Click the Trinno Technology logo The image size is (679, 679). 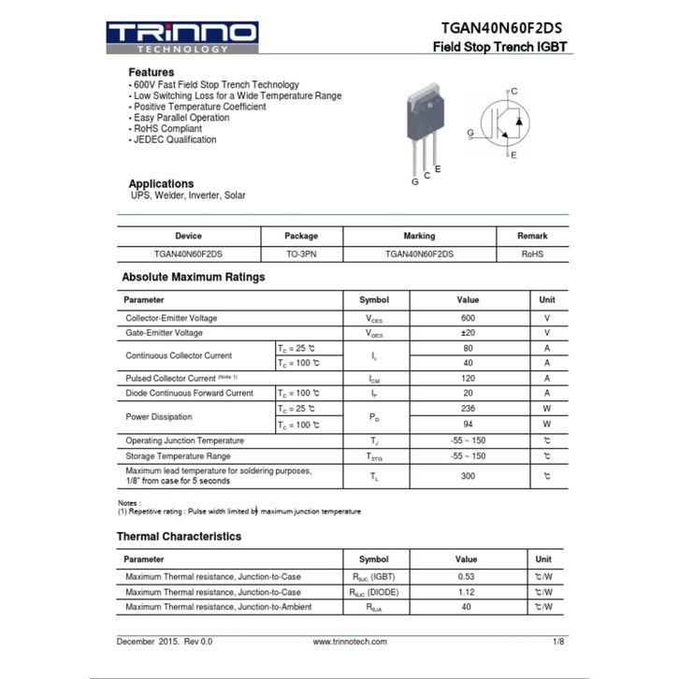181,37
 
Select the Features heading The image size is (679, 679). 151,72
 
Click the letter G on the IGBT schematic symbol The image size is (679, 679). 470,133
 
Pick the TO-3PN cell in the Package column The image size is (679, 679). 301,253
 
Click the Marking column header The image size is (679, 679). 419,236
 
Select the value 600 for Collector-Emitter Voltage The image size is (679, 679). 468,318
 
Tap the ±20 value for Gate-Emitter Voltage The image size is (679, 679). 468,333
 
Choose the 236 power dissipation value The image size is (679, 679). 468,409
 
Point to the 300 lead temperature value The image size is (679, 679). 468,476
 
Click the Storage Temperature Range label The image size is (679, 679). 178,455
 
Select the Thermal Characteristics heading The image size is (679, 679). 179,537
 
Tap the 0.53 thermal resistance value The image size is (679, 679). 467,576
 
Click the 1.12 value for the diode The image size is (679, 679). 467,592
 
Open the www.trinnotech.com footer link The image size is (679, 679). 350,642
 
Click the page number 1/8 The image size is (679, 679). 558,642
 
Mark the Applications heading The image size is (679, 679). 161,183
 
